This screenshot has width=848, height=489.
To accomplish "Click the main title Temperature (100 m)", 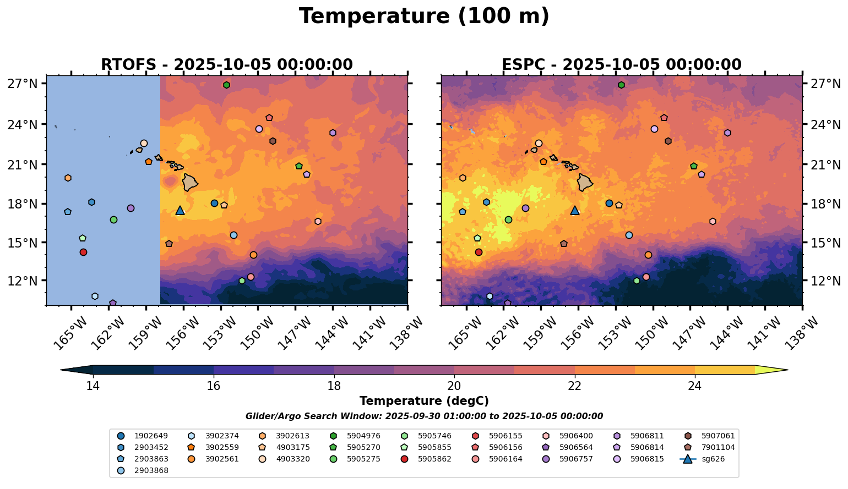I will (x=424, y=17).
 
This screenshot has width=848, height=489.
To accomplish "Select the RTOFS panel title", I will (x=226, y=65).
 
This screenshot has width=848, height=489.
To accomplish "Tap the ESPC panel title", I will (x=621, y=65).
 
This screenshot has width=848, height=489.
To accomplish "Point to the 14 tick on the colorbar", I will (x=93, y=386).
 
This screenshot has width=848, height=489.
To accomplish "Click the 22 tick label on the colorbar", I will (x=574, y=386).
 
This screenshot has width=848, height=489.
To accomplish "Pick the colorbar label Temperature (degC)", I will (x=424, y=401).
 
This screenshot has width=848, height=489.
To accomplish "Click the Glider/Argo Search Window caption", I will (x=424, y=416).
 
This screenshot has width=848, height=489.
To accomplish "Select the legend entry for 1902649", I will (x=143, y=436).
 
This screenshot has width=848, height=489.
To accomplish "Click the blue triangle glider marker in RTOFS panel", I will (x=180, y=210).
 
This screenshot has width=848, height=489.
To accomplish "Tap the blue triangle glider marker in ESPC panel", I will (x=575, y=210).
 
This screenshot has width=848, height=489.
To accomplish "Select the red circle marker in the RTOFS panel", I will (x=83, y=252).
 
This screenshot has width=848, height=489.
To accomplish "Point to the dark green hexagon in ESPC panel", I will (x=621, y=85).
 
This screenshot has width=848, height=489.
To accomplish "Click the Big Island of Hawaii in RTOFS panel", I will (x=190, y=183).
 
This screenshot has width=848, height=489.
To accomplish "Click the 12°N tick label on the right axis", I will (x=824, y=281).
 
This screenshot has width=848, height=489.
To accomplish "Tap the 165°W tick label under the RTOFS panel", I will (x=69, y=330).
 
